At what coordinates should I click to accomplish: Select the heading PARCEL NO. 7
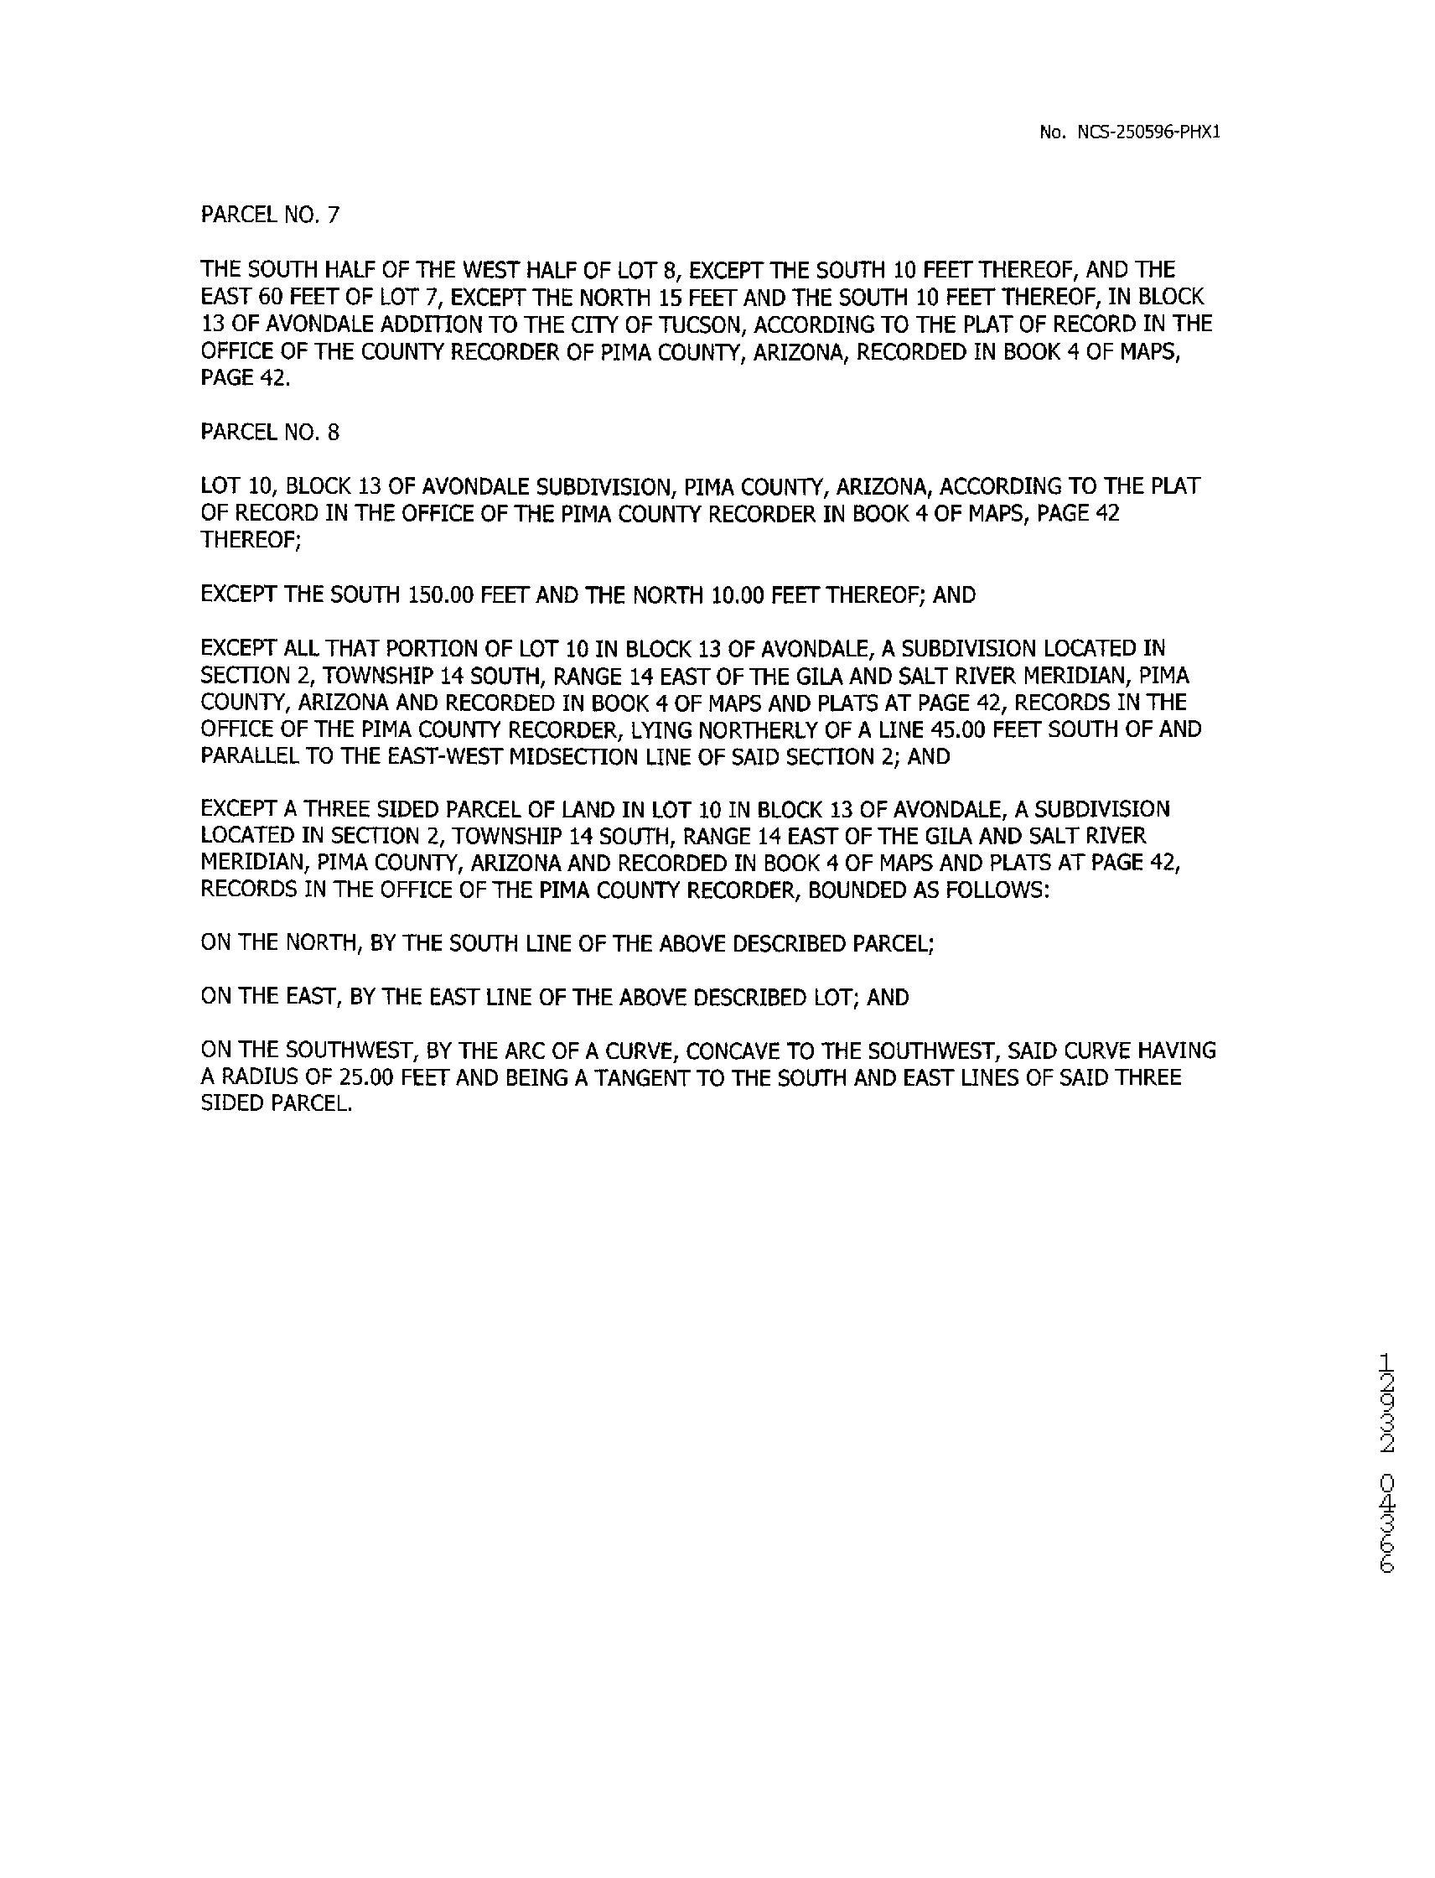click(270, 215)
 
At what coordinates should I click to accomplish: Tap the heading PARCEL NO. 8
click(270, 433)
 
